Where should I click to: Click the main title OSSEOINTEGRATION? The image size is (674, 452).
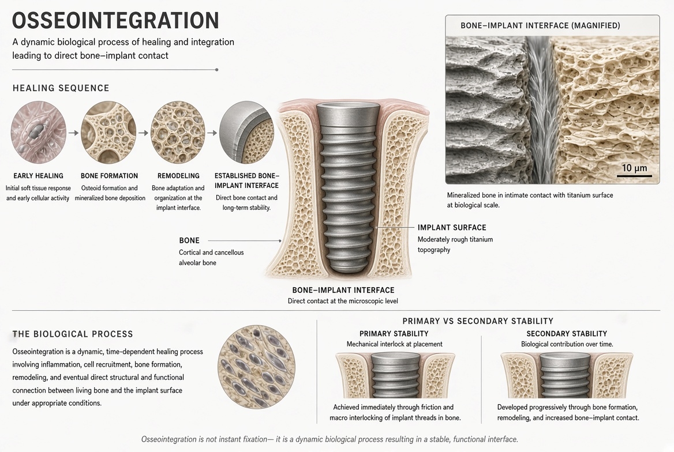tap(115, 20)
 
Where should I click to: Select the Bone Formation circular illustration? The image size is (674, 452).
tap(108, 133)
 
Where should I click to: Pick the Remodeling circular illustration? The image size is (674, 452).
tap(178, 133)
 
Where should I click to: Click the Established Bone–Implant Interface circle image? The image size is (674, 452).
tap(247, 133)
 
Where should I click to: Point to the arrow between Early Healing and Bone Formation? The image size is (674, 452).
tap(73, 133)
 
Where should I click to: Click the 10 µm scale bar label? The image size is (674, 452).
tap(634, 168)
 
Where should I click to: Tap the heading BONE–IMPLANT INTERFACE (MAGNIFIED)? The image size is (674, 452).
tap(540, 25)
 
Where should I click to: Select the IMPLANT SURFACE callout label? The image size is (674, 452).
tap(452, 227)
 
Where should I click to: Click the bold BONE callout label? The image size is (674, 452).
tap(189, 240)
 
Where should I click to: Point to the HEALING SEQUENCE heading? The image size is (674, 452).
tap(61, 88)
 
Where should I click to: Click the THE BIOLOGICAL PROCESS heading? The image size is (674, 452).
tap(73, 334)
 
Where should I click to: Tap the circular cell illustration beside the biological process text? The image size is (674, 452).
tap(257, 367)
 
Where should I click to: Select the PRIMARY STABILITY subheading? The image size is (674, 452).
tap(394, 333)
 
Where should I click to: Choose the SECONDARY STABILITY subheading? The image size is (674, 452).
tap(567, 333)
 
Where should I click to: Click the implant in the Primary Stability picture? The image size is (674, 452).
tap(395, 375)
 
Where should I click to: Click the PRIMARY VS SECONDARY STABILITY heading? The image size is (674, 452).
tap(478, 321)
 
